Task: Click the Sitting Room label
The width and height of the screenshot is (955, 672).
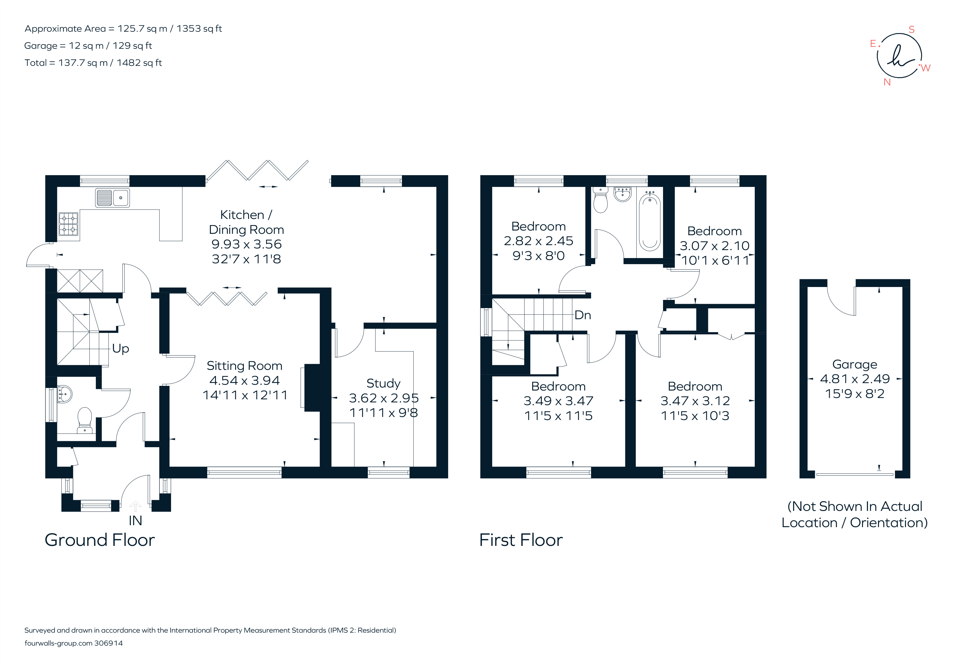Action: tap(245, 366)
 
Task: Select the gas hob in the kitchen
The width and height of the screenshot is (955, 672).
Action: tap(68, 224)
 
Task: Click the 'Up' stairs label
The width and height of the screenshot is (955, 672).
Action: tap(121, 348)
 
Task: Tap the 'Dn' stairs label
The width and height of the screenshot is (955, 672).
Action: tap(583, 315)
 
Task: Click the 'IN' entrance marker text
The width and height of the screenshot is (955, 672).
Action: tap(135, 521)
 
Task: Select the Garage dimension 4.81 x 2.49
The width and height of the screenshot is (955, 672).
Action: tap(855, 379)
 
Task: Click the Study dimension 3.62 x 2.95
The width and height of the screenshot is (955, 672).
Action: tap(383, 398)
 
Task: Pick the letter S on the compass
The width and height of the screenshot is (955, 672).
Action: tap(911, 29)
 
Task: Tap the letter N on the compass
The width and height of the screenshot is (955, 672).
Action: tap(887, 82)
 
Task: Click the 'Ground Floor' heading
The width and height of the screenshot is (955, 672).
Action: tap(100, 540)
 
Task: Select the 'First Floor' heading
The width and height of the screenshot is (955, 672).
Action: tap(521, 540)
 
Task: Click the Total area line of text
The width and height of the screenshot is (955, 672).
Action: tap(93, 63)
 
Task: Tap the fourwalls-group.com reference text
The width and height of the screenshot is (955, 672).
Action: tap(74, 643)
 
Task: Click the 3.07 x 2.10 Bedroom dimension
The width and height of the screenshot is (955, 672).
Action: tap(714, 246)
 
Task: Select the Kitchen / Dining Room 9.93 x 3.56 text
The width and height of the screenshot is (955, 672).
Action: tap(246, 244)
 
